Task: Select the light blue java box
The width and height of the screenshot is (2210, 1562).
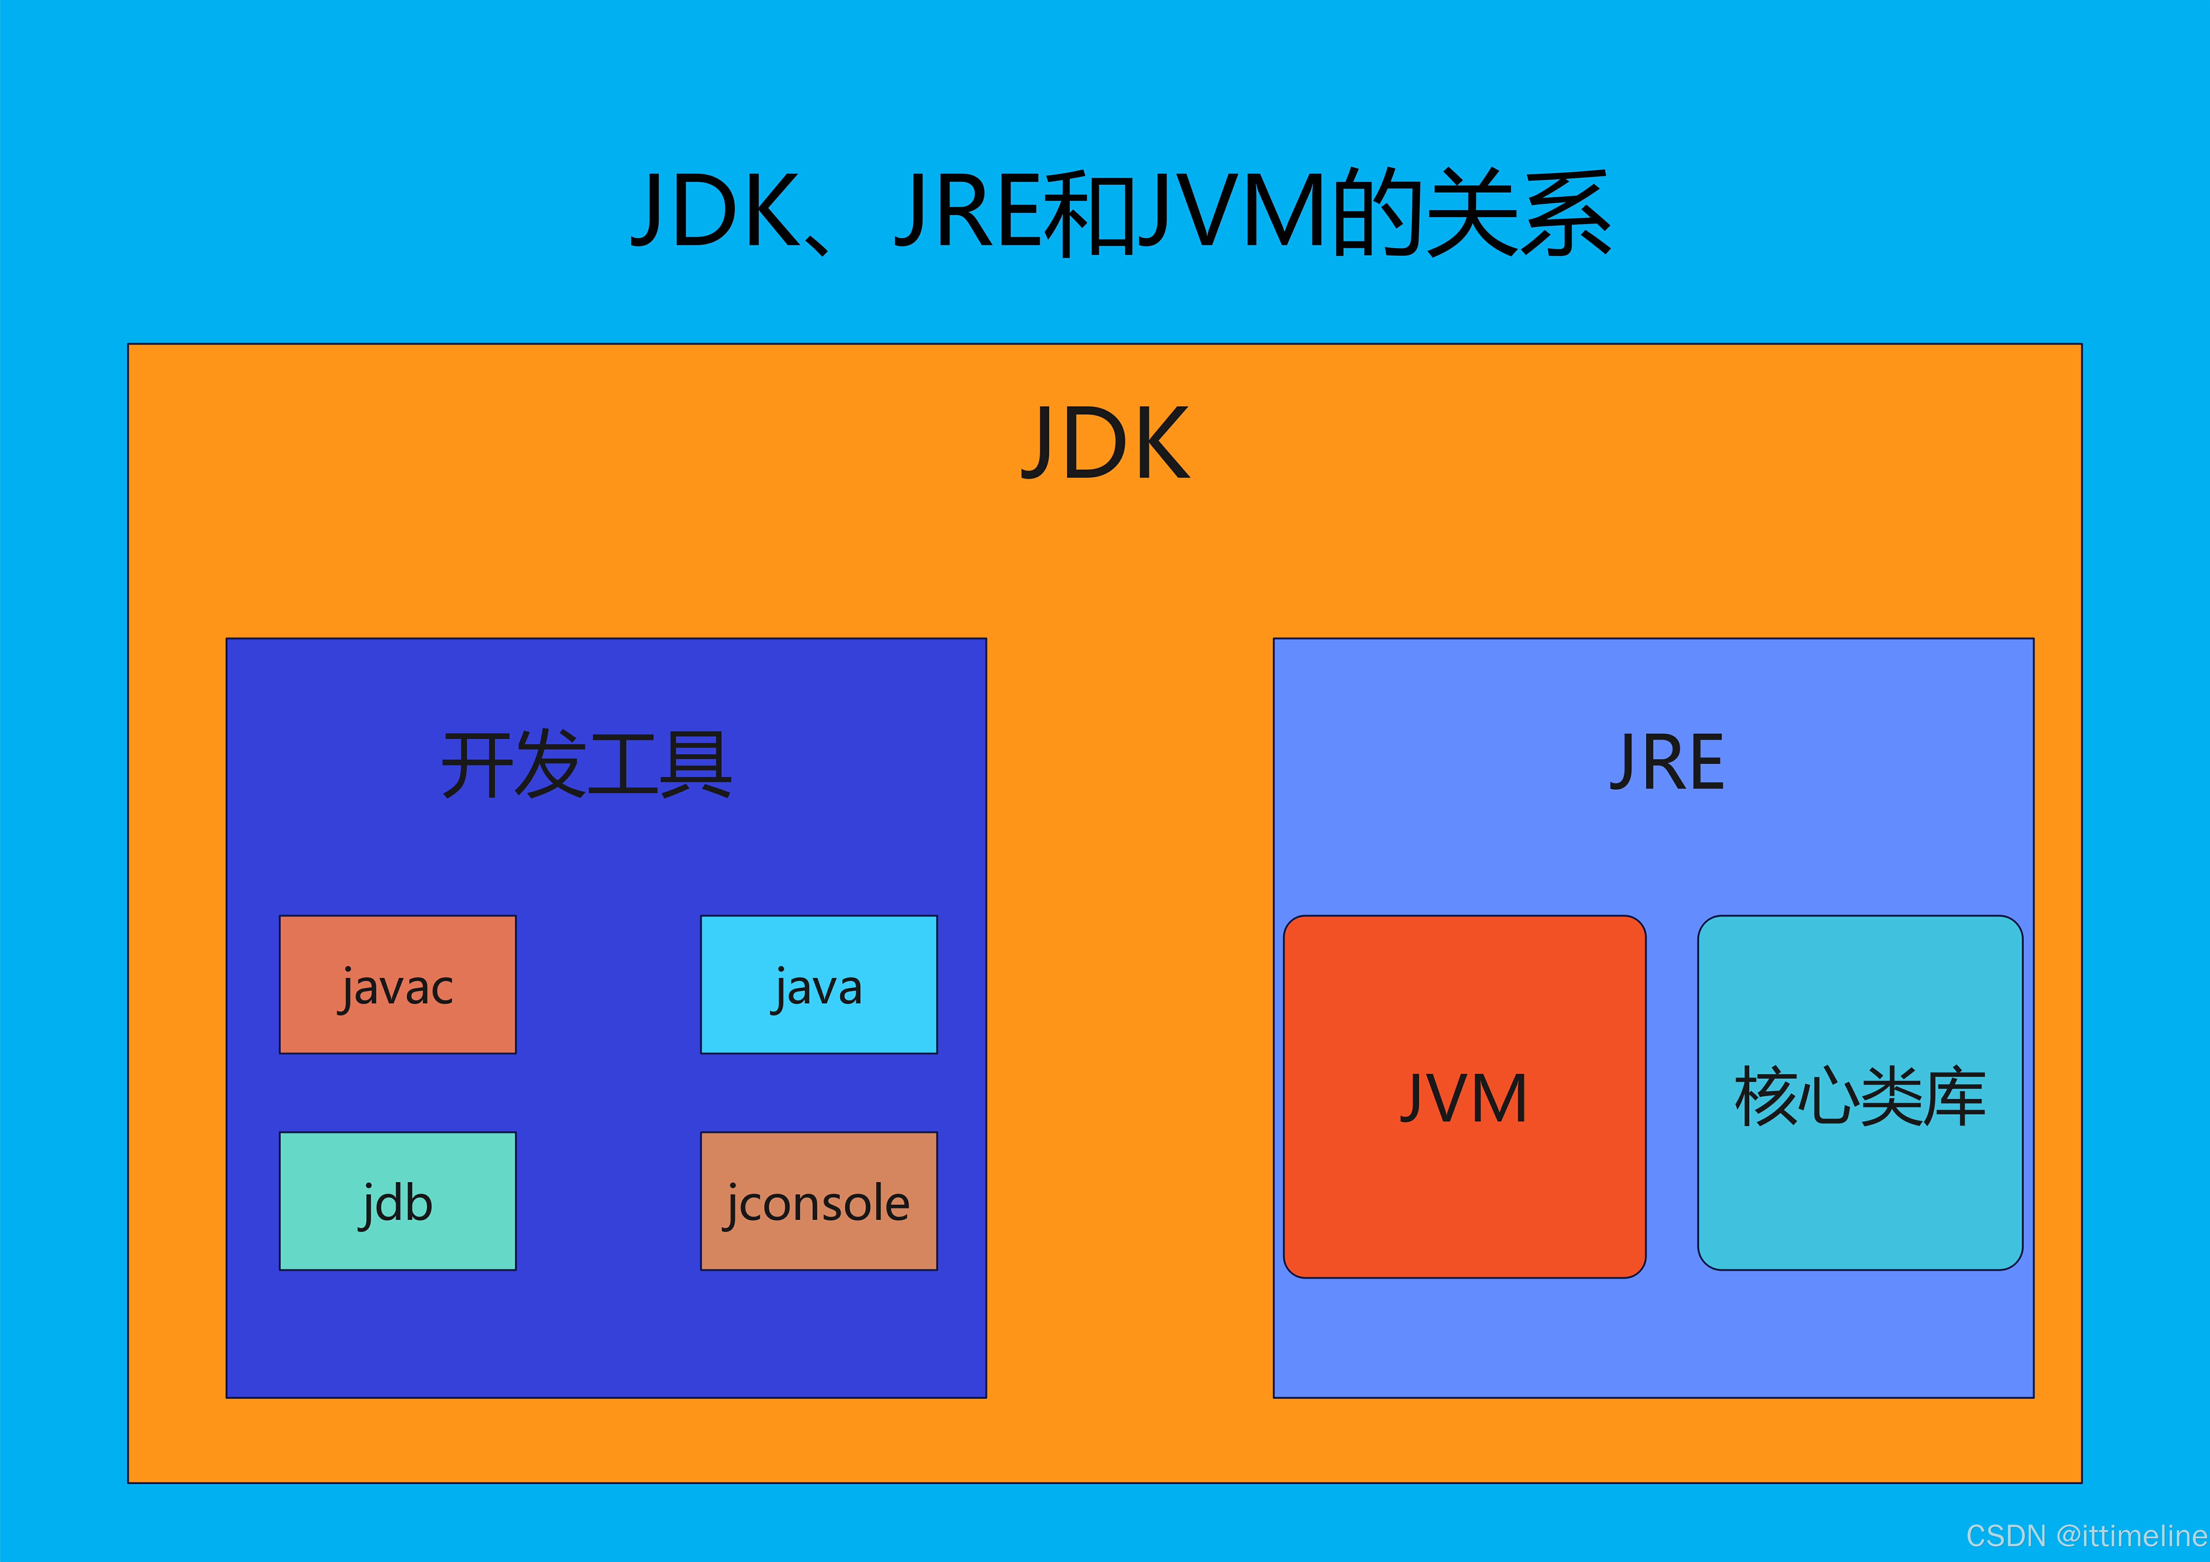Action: pos(818,984)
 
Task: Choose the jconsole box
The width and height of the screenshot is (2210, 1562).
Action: pos(818,1201)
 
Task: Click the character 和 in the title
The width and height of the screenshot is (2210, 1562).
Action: pos(1091,212)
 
